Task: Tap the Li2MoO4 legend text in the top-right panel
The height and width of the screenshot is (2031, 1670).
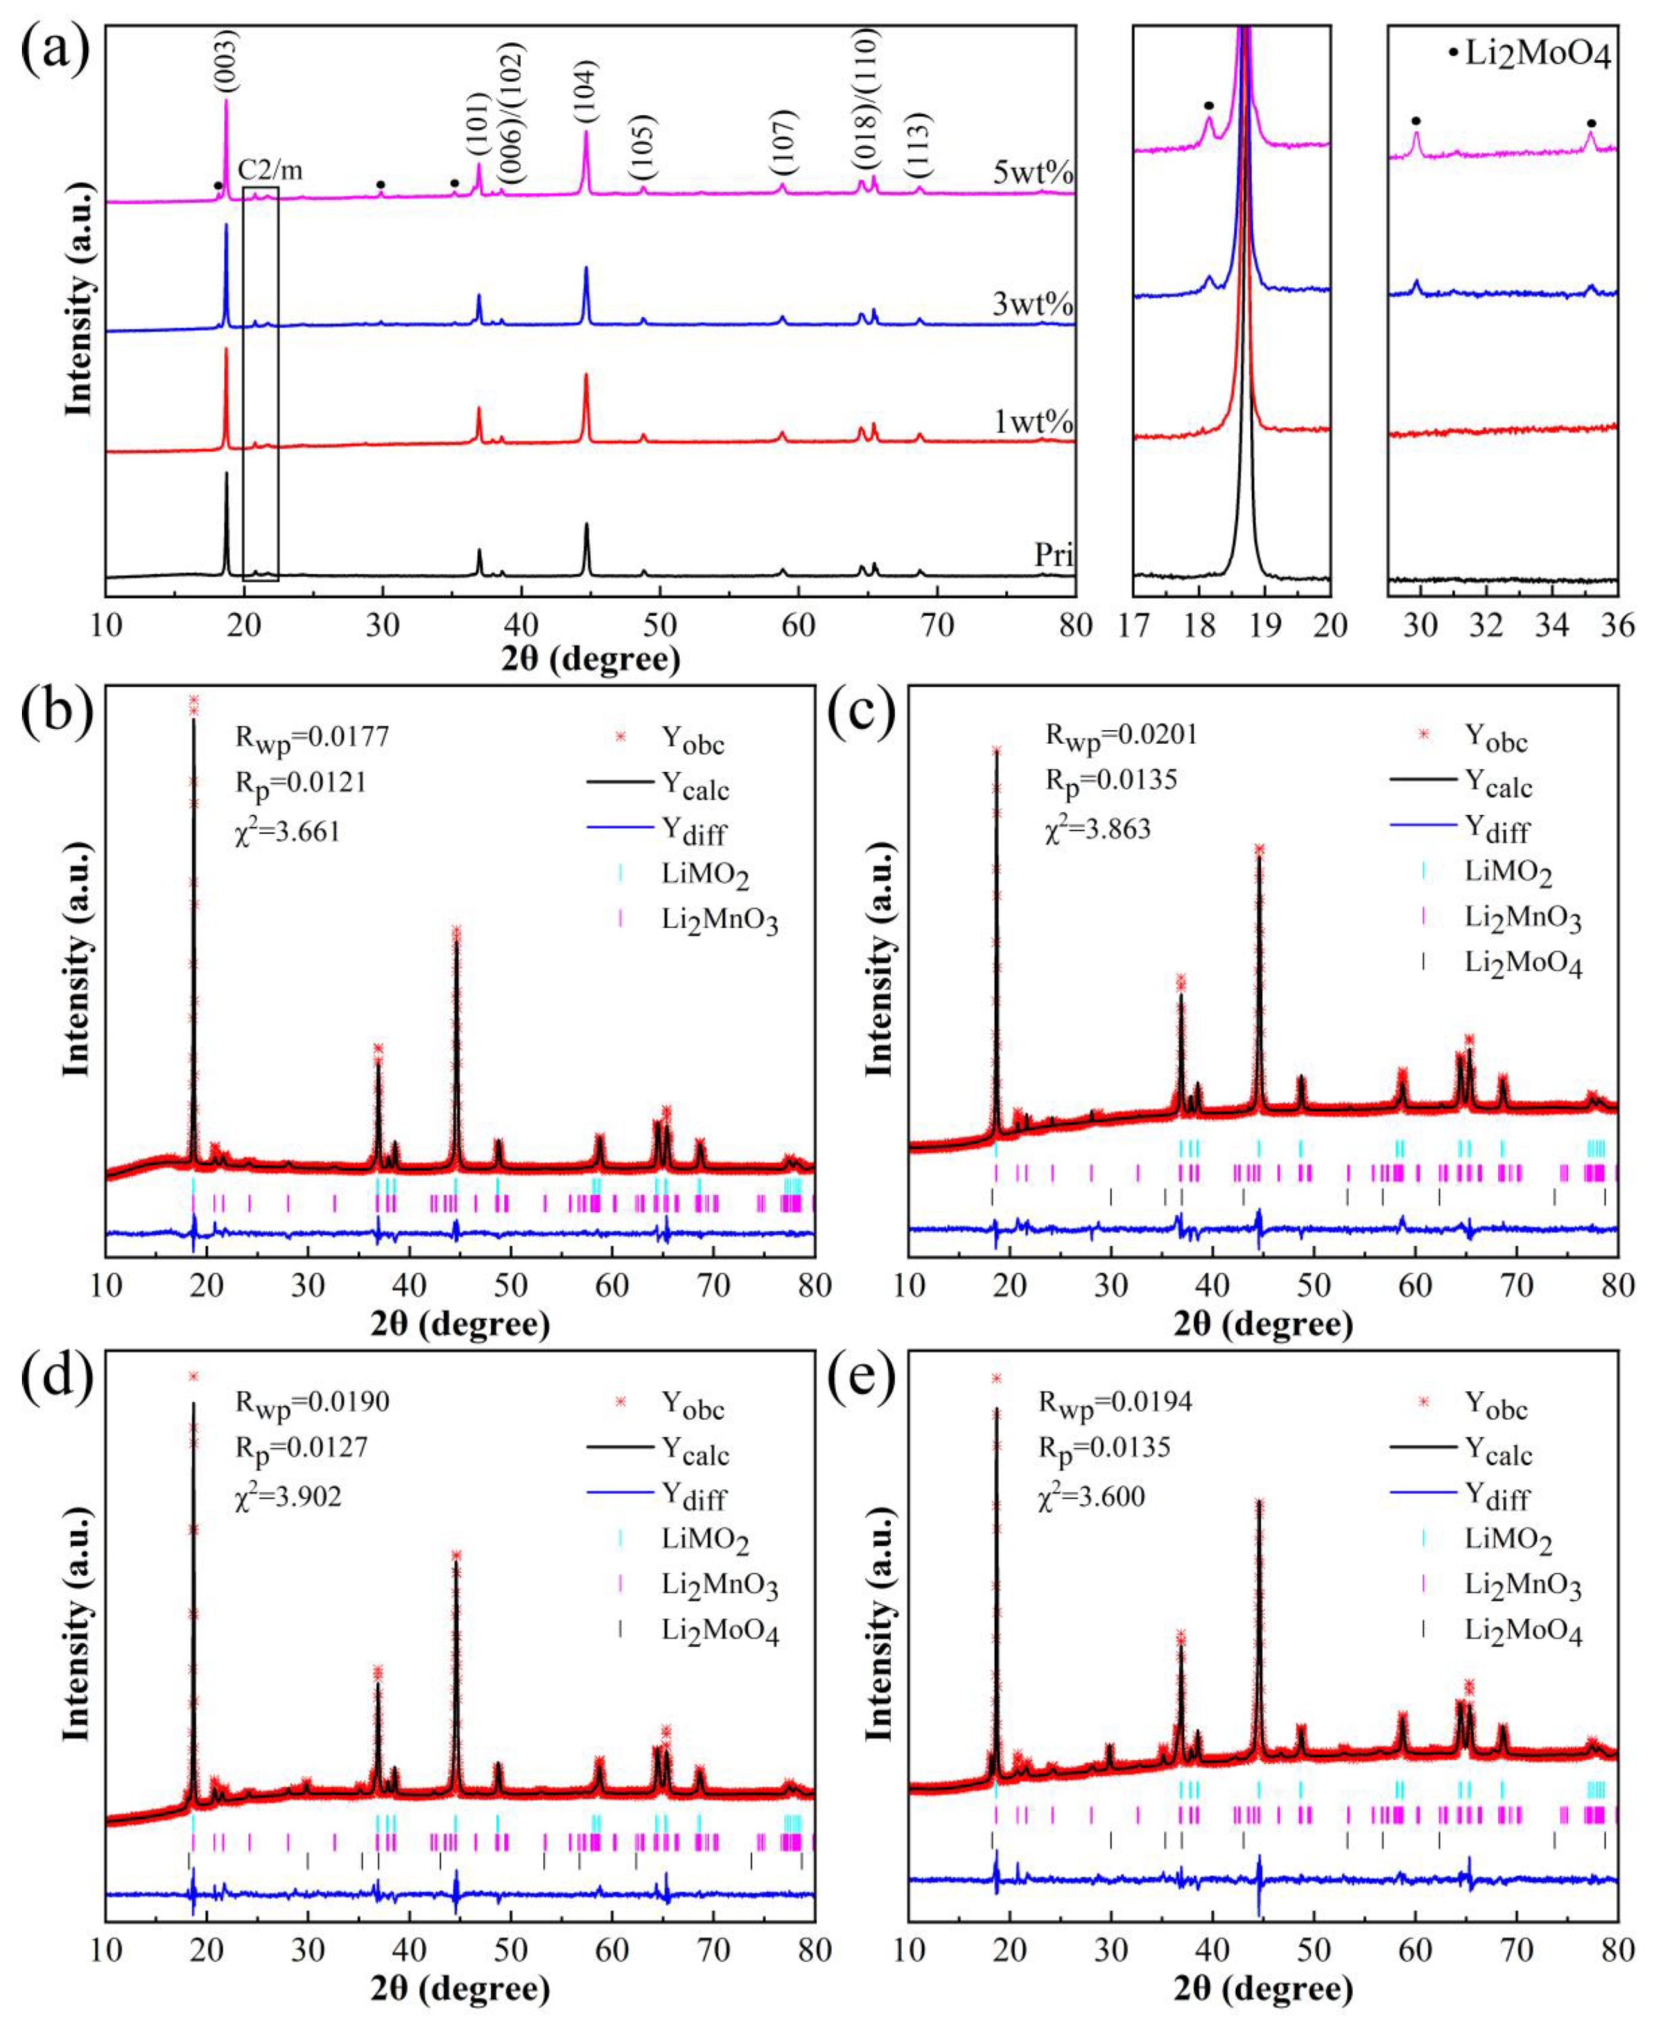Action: tap(1536, 56)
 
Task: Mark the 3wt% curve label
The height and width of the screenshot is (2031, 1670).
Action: tap(1034, 307)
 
